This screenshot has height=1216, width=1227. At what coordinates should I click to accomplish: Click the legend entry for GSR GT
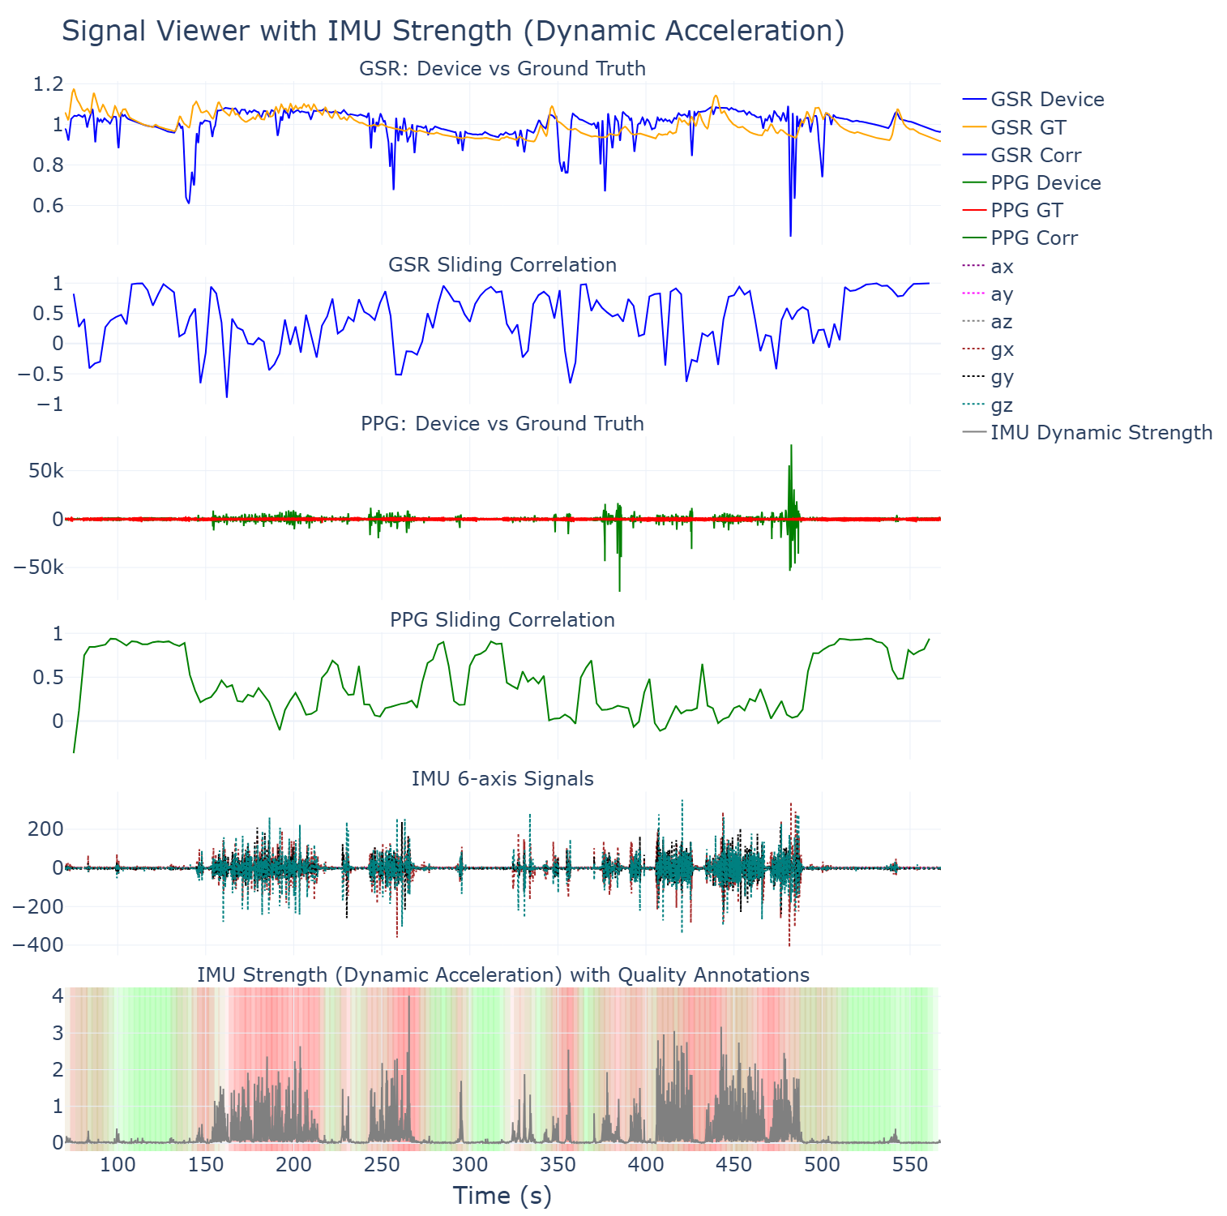1028,127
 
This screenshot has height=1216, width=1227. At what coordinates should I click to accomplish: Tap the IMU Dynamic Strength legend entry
1101,432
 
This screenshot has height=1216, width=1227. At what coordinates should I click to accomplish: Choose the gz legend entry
1002,405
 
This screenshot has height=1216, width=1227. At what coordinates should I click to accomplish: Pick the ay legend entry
1002,293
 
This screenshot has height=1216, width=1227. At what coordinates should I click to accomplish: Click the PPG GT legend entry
1026,210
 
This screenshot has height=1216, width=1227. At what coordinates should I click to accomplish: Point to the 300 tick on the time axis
469,1165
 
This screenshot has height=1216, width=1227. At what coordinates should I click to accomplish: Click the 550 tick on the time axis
909,1165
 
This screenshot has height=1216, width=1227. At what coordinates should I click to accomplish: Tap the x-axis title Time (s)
502,1195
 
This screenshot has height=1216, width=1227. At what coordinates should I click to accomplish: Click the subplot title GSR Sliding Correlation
502,265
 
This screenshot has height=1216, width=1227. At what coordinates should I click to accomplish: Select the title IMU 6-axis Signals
502,779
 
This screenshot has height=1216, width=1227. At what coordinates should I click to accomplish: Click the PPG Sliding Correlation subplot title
502,620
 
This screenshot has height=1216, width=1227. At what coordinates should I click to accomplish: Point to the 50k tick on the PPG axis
45,471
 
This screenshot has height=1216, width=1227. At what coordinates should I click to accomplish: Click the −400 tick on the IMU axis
37,945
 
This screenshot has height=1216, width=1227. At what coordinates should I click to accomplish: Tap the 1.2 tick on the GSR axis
48,84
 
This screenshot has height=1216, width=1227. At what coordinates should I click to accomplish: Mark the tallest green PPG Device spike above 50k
791,446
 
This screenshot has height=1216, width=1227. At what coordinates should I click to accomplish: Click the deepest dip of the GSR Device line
790,235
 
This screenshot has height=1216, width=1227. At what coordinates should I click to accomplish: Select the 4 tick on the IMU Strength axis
58,995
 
